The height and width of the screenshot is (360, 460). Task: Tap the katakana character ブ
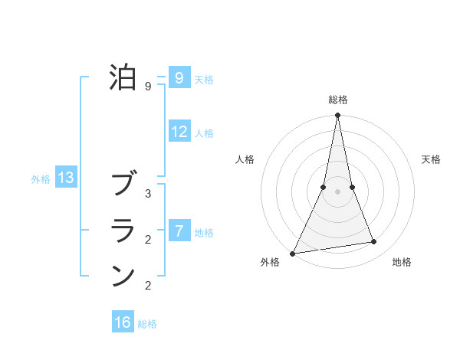pos(123,185)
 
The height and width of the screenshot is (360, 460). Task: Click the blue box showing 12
pos(179,132)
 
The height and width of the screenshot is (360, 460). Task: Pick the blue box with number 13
pos(66,178)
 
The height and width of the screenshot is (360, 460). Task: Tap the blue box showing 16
pos(123,322)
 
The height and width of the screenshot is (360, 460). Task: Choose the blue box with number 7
pos(179,231)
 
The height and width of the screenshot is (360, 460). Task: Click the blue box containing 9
pos(179,78)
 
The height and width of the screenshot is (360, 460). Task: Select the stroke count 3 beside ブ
pos(148,194)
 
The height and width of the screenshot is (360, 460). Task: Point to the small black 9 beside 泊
pos(148,87)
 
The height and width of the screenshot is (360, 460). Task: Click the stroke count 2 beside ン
pos(148,286)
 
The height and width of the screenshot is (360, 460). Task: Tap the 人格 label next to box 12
pos(204,133)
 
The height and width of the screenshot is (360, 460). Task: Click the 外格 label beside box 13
pos(41,179)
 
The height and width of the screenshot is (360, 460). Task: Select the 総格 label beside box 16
pos(147,324)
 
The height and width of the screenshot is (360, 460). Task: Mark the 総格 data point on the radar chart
pos(337,116)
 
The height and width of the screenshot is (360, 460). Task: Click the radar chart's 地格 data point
pos(374,242)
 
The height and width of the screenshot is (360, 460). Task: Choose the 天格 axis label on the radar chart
pos(432,159)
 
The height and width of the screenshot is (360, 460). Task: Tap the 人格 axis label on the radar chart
pos(245,159)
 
